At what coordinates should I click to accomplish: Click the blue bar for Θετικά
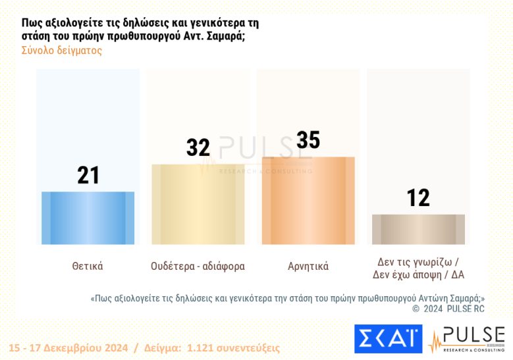tap(88, 218)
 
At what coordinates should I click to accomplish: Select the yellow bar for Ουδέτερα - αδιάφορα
tap(198, 204)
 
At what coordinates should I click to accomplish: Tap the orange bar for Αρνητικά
tap(308, 201)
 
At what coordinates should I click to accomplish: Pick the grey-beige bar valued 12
tap(418, 229)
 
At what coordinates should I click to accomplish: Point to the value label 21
tap(88, 176)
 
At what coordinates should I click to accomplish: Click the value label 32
tap(198, 147)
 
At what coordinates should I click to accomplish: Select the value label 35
tap(308, 140)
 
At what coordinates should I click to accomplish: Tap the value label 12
tap(418, 197)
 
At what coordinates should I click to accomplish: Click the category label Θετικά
tap(88, 267)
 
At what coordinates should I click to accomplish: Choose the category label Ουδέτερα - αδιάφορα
tap(198, 267)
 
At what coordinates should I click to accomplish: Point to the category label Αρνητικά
tap(308, 267)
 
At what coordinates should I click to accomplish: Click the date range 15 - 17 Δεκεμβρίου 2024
tap(68, 348)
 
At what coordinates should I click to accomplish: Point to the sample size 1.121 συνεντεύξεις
tap(233, 348)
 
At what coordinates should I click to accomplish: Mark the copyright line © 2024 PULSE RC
tap(448, 308)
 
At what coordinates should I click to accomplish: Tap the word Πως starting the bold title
tap(32, 22)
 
